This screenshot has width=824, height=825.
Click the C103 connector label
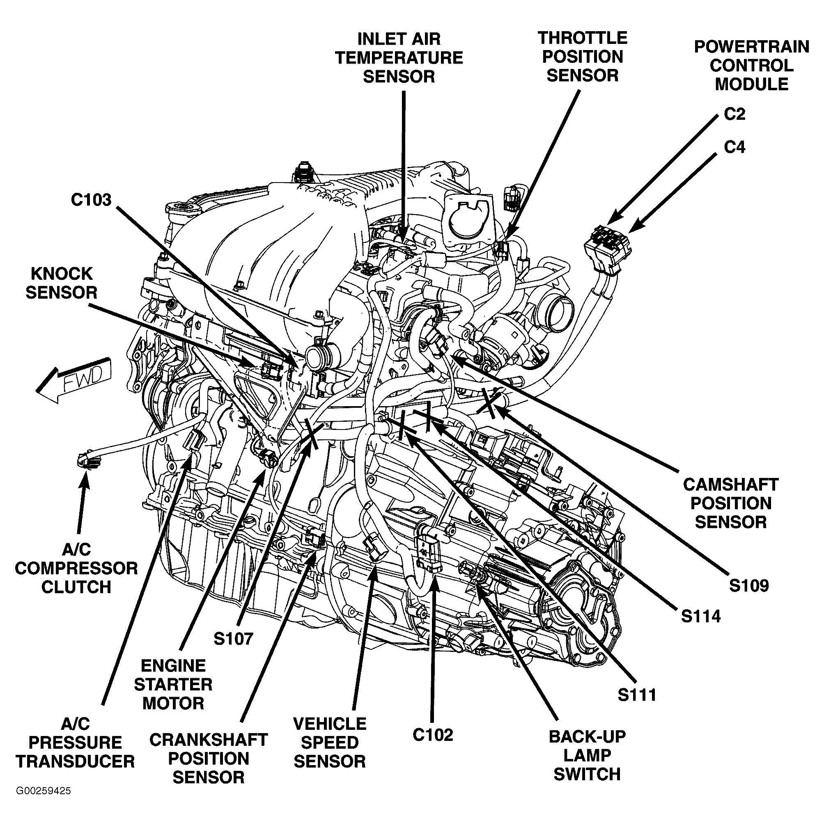point(91,200)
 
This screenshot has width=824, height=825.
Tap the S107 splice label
point(233,639)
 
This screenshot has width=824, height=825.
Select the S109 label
point(748,585)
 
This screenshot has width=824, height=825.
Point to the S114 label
point(700,616)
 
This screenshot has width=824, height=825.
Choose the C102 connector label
point(432,735)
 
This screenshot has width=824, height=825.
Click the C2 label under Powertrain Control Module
point(734,114)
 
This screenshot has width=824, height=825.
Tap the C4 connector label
point(734,147)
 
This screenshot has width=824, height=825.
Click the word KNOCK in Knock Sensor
point(62,274)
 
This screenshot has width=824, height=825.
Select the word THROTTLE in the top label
point(583,38)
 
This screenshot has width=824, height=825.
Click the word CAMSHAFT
point(730,484)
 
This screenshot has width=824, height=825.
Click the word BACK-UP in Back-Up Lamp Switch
point(587,737)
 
